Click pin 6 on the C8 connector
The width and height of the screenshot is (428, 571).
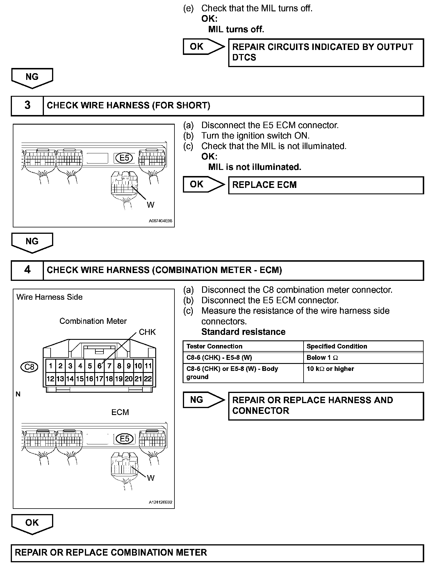coord(99,366)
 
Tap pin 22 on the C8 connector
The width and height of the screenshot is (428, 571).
coord(148,379)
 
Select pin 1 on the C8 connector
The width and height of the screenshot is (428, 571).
coord(51,366)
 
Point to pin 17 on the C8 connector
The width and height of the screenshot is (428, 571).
coord(99,379)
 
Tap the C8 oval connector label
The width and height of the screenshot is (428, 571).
coord(29,367)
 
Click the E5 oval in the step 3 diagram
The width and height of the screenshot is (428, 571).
coord(124,158)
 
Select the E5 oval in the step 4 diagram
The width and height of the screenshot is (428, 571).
coord(124,439)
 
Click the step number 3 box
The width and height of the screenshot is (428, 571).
coord(27,105)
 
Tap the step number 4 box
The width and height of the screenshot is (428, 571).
coord(27,270)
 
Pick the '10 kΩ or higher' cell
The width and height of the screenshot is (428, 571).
coord(330,369)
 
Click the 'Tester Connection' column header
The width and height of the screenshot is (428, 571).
coord(214,346)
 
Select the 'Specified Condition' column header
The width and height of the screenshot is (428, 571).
coord(337,346)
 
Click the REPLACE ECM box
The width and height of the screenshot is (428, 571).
coord(326,185)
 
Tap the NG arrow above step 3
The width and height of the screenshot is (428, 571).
coord(32,78)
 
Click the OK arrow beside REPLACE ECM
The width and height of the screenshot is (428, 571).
coord(203,184)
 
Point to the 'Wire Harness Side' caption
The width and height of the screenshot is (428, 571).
coord(49,297)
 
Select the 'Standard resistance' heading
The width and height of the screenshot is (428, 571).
coord(243,332)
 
